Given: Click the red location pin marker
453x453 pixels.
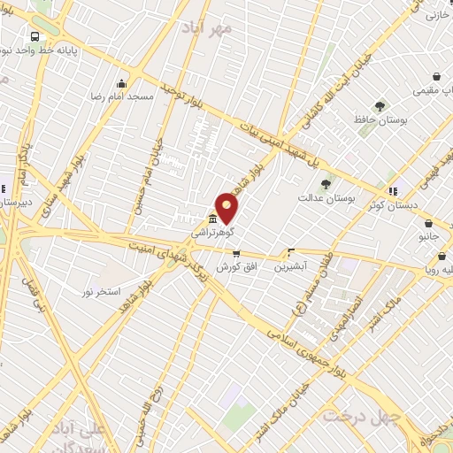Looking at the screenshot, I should click(x=227, y=208).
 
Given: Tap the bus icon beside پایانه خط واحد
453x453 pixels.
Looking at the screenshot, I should click(x=35, y=37).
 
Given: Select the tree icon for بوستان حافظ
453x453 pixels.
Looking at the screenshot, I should click(x=380, y=106).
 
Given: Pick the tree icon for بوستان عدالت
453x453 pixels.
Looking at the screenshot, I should click(x=326, y=185).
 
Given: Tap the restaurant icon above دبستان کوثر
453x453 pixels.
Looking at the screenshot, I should click(x=393, y=189).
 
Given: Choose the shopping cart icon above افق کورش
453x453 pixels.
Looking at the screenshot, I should click(x=236, y=253).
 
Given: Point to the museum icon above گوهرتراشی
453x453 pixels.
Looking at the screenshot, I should click(x=213, y=219).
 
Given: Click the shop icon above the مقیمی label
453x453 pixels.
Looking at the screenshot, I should click(x=436, y=77).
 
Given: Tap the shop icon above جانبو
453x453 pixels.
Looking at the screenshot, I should click(x=429, y=225).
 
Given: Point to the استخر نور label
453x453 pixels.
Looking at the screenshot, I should click(x=104, y=290).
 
